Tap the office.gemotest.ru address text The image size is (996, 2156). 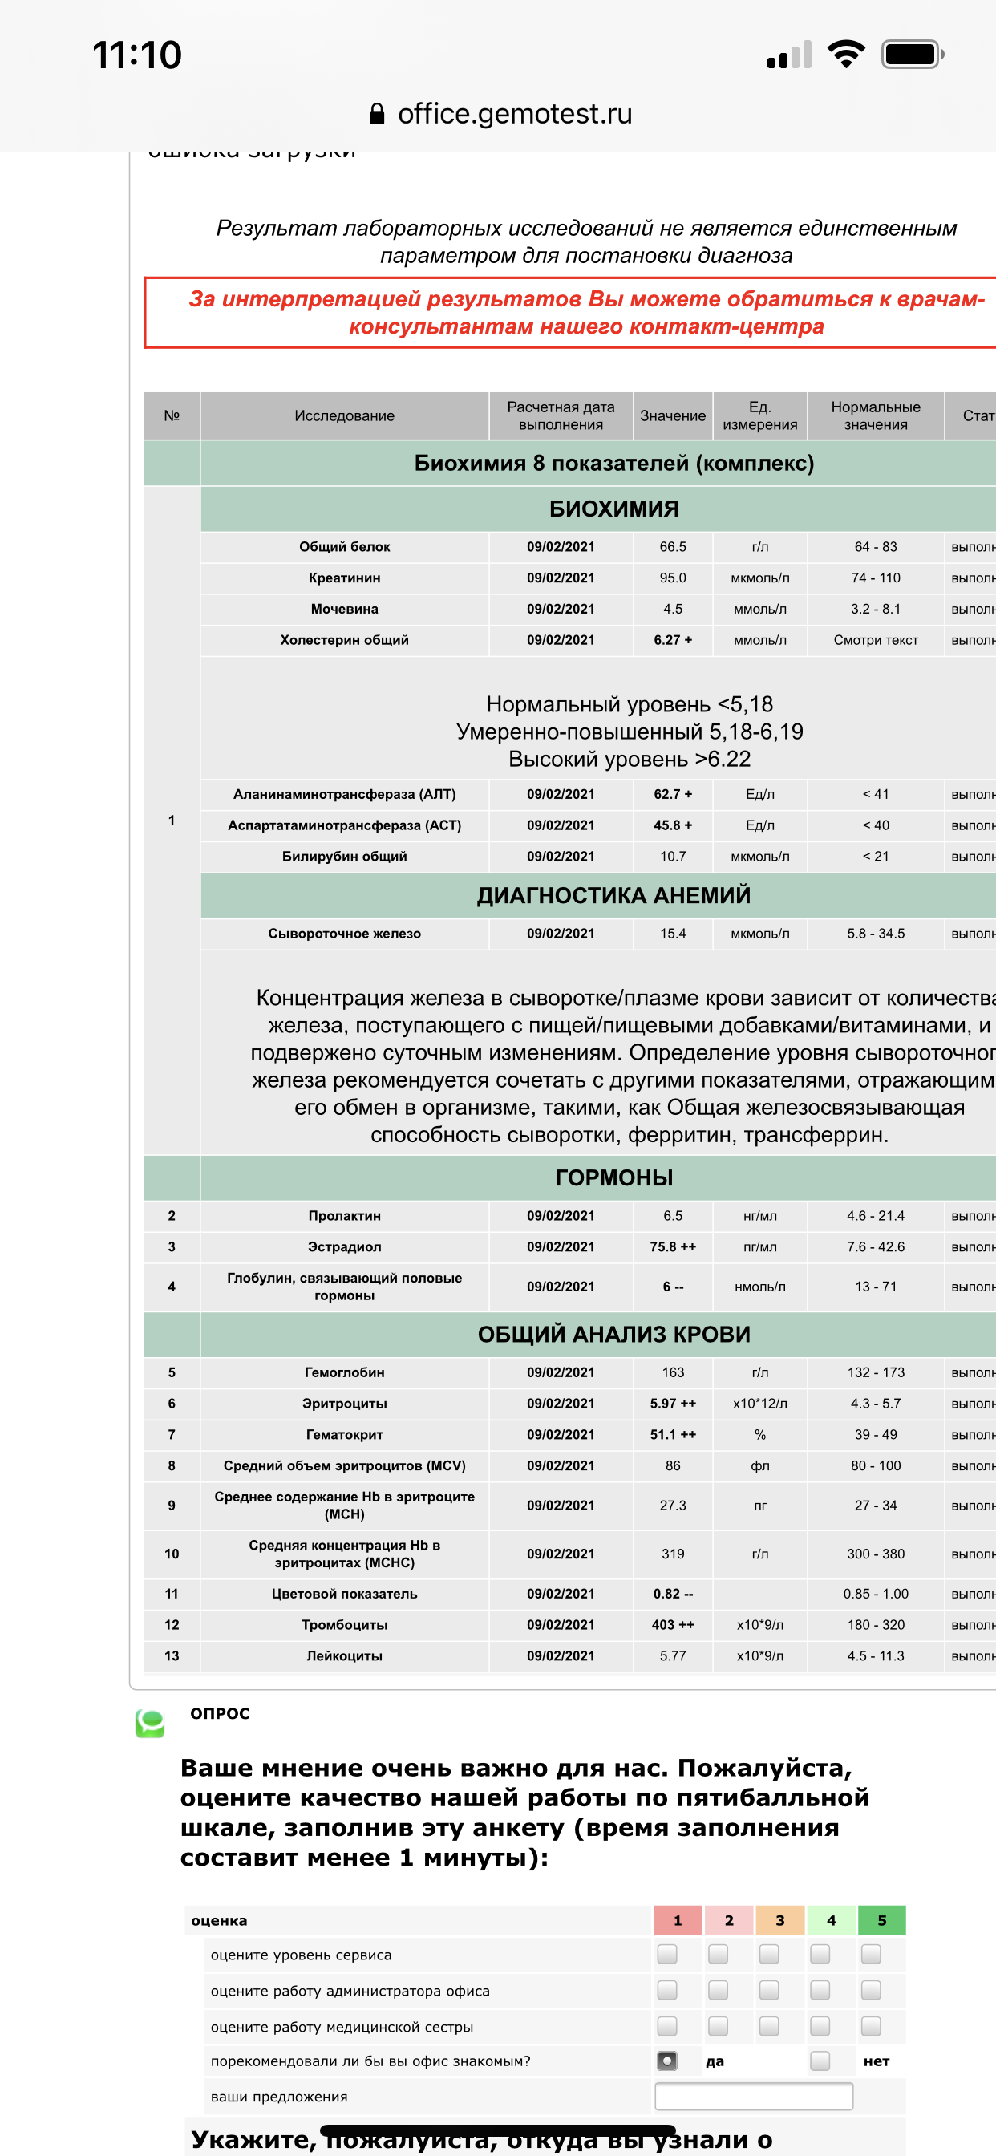[514, 114]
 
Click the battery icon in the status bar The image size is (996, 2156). [913, 55]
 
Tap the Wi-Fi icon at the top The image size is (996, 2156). [845, 55]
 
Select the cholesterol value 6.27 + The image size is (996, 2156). [673, 640]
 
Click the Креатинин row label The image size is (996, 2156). [344, 578]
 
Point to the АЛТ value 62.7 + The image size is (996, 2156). [673, 794]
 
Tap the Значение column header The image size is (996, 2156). [673, 416]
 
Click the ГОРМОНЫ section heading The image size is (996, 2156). [613, 1177]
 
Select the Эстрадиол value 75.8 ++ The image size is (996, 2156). [673, 1247]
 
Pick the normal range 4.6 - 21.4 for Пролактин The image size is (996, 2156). [876, 1216]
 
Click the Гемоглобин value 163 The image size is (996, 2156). [673, 1372]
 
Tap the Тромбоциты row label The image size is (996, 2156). [344, 1624]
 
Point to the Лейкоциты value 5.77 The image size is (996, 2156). [673, 1655]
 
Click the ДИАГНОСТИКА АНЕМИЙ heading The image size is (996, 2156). [613, 896]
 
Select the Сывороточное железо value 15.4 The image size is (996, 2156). [673, 933]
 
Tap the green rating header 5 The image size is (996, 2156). [881, 1920]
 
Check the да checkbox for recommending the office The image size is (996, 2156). [667, 2061]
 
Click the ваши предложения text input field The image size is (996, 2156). [753, 2097]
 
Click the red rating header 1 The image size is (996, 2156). [678, 1920]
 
